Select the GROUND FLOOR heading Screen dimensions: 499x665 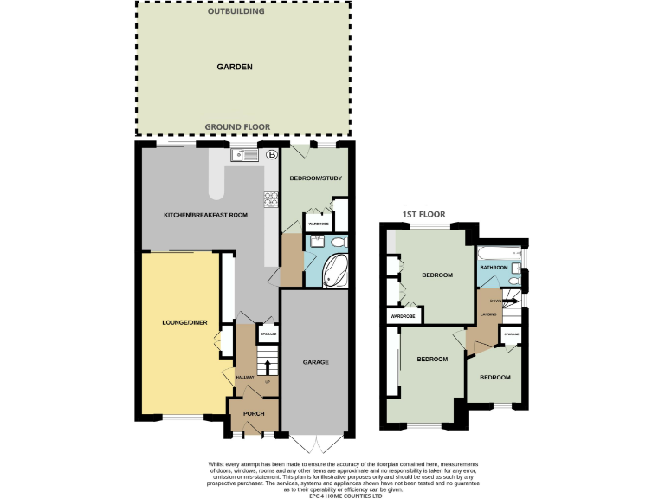(x=237, y=127)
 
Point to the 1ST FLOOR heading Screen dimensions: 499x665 (x=424, y=214)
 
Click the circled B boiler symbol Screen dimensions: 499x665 (x=271, y=155)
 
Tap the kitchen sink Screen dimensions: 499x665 (x=244, y=156)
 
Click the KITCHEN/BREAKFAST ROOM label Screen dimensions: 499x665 (x=212, y=214)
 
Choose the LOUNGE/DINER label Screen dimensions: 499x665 (x=185, y=323)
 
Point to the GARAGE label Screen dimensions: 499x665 (x=315, y=361)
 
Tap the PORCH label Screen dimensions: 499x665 (x=254, y=413)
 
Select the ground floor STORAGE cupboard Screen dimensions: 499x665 (x=268, y=334)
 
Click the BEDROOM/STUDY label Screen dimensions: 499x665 (x=316, y=178)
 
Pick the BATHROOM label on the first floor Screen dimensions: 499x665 (x=494, y=268)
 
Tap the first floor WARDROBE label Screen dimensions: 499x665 (x=404, y=317)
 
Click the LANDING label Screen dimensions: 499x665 (x=487, y=314)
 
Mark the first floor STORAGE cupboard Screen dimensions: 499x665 (x=511, y=334)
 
